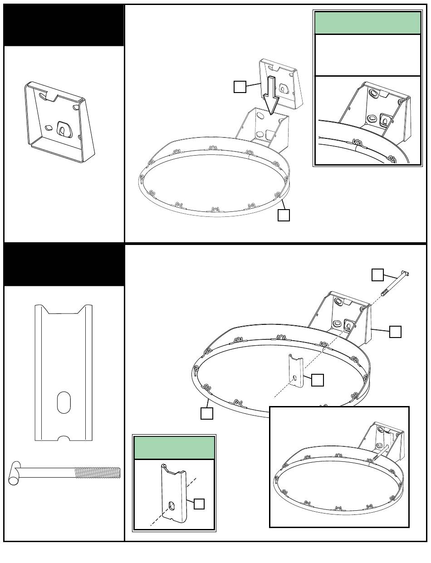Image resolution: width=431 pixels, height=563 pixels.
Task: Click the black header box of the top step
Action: coord(64,25)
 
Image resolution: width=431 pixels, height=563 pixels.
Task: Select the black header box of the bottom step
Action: coord(64,265)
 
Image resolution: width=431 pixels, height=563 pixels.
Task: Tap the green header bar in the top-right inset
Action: coord(367,23)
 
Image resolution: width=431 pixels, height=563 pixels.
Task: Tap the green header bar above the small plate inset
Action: coord(174,448)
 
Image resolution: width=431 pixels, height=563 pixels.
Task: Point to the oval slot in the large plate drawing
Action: coord(64,402)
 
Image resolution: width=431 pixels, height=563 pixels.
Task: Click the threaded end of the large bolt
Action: coord(98,473)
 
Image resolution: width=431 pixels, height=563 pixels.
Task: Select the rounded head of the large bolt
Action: coord(14,473)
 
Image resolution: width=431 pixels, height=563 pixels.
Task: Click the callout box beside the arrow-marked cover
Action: coord(240,87)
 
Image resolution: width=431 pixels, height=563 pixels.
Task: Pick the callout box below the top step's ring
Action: coord(284,215)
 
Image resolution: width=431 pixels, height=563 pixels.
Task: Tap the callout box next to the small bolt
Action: coord(377,275)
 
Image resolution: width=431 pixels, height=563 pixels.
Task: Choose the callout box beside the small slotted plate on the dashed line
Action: coord(318,380)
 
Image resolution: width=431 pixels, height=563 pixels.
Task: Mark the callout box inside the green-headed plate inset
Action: coord(199,504)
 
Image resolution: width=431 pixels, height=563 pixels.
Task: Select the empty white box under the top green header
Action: coord(367,55)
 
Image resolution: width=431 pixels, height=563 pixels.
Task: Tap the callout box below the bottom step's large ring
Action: coord(207,413)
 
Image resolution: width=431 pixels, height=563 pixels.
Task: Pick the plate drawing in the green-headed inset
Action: coord(174,492)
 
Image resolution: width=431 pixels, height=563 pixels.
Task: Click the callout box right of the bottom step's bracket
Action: coord(395,332)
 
